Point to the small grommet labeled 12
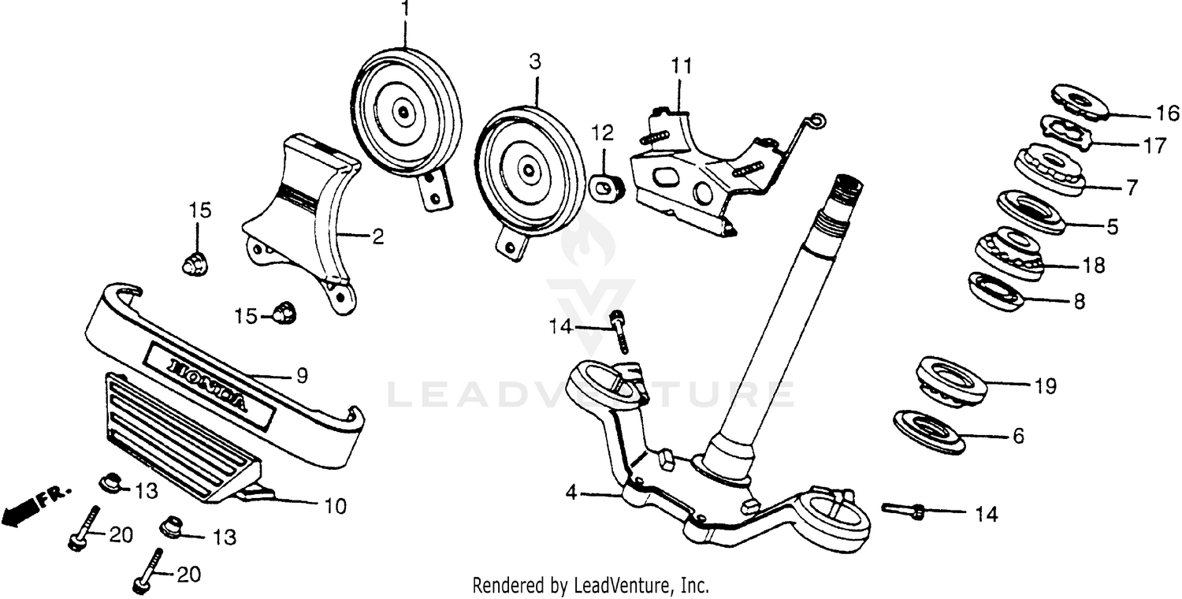(x=605, y=187)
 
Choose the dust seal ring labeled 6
(x=930, y=430)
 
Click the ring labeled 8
(x=994, y=291)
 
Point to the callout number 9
(x=302, y=376)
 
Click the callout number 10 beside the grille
(x=335, y=506)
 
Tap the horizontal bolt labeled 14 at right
(x=903, y=511)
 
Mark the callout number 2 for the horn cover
(x=378, y=236)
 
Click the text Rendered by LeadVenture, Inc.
(x=590, y=586)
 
